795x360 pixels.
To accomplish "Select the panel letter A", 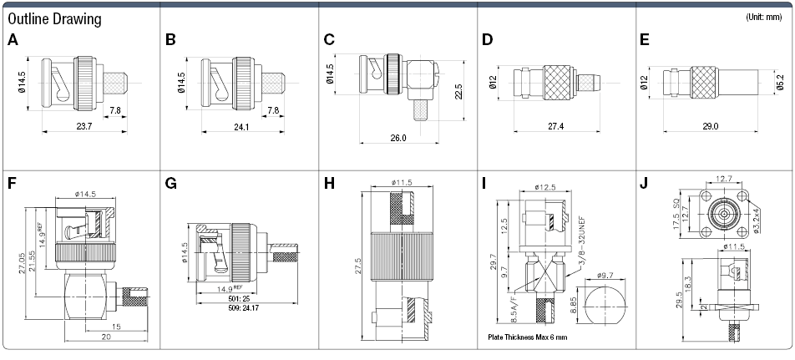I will click(x=13, y=39).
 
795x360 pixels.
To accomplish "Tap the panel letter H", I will click(x=329, y=183).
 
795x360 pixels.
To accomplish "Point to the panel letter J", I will click(x=645, y=183).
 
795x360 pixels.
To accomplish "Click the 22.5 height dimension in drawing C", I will click(x=458, y=90).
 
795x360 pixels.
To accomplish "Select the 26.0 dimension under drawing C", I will click(x=397, y=138).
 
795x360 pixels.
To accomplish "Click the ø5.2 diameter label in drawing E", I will click(x=780, y=82).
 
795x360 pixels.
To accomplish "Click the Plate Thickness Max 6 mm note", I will click(x=527, y=337).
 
